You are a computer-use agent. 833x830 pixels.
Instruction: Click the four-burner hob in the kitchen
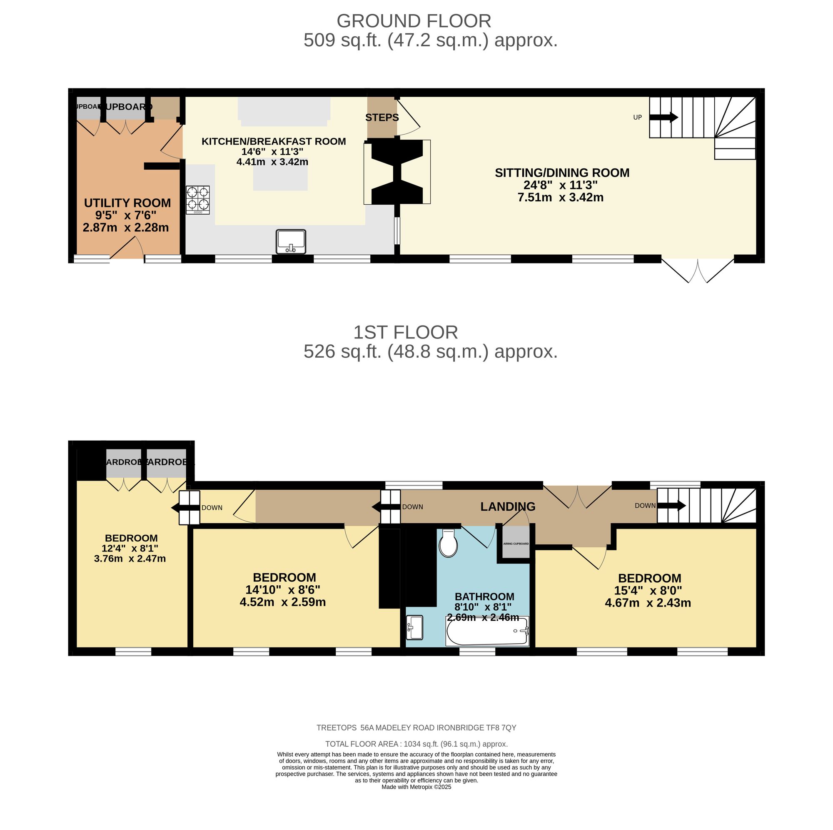tap(197, 200)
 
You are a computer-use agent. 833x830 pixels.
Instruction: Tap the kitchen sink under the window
tap(291, 241)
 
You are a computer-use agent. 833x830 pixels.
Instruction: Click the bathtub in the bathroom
tap(487, 632)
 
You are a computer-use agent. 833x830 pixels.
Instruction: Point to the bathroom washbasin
tap(414, 627)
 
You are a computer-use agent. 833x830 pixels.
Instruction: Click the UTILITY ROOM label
tap(127, 203)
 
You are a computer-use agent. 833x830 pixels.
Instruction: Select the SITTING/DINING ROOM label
tap(562, 173)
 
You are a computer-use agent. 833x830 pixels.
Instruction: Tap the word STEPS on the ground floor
tap(382, 118)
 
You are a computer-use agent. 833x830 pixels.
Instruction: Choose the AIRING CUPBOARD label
tap(516, 544)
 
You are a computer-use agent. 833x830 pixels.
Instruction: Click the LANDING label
tap(507, 506)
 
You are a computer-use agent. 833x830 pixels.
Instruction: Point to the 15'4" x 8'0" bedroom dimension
tap(648, 590)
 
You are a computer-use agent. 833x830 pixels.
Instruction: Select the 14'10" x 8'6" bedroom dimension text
tap(282, 589)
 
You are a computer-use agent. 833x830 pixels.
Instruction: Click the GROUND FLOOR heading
tap(414, 21)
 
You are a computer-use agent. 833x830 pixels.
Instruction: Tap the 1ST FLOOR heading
tap(405, 332)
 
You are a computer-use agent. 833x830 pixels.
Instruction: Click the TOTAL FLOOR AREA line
tap(416, 744)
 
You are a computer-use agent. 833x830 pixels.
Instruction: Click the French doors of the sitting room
tap(697, 269)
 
